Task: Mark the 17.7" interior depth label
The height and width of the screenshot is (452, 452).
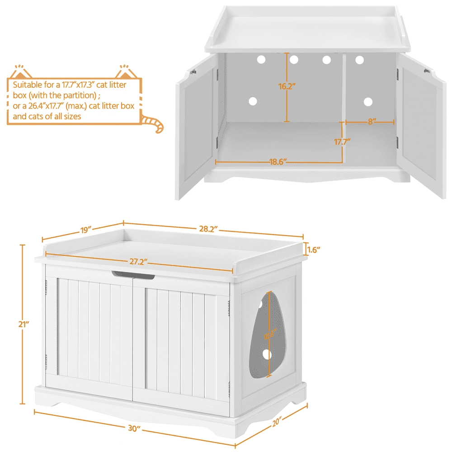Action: click(342, 141)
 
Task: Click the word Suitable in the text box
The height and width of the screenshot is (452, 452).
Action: click(25, 85)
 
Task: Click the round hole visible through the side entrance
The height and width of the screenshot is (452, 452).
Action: click(267, 355)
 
